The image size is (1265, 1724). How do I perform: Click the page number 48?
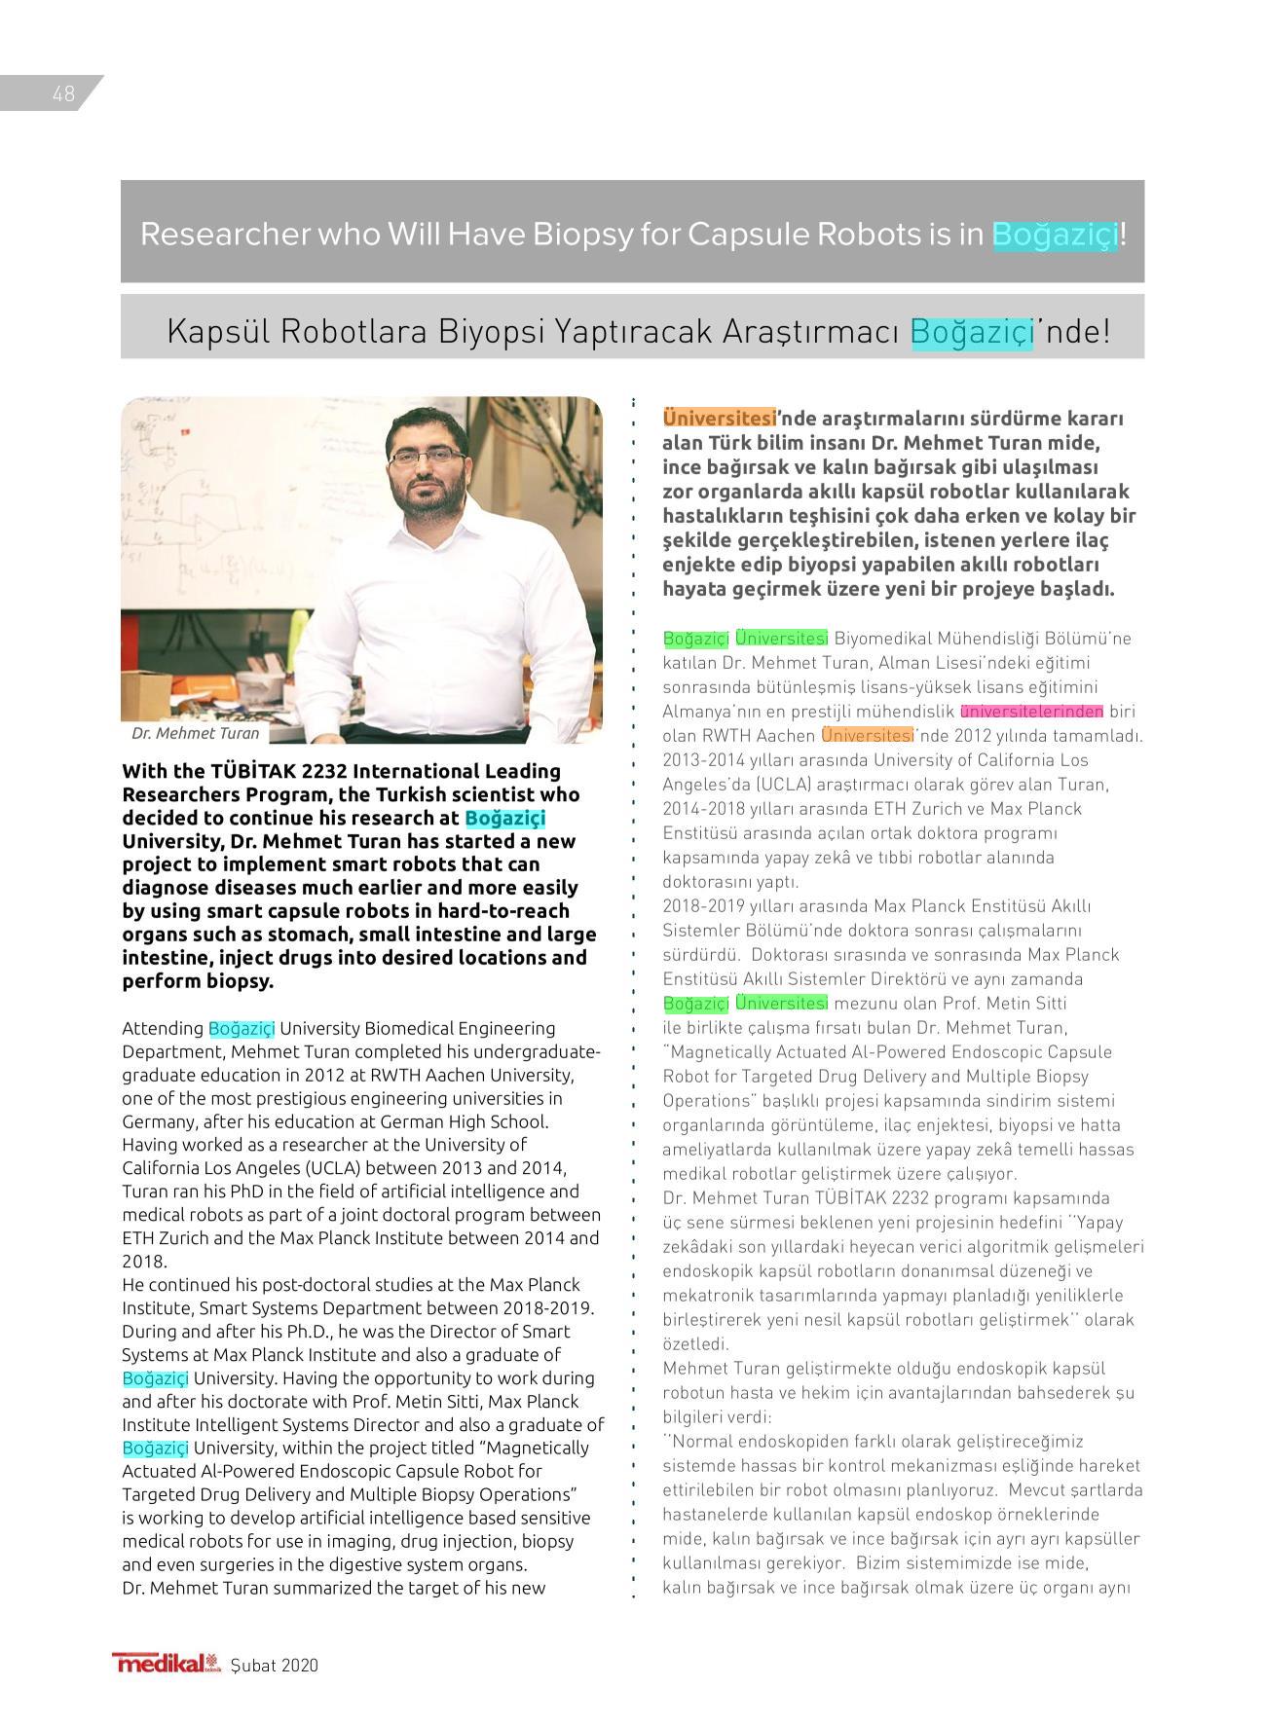[x=63, y=93]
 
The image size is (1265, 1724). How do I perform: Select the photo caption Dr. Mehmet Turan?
[x=196, y=733]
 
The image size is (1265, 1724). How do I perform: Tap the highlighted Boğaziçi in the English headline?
[x=1055, y=234]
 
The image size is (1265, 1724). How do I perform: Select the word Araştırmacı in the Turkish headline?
[x=810, y=331]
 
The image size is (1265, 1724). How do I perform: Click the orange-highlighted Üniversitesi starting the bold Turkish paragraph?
[x=719, y=418]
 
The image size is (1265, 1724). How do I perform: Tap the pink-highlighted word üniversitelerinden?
[x=1031, y=711]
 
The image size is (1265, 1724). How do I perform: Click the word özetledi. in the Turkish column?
[x=695, y=1344]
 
